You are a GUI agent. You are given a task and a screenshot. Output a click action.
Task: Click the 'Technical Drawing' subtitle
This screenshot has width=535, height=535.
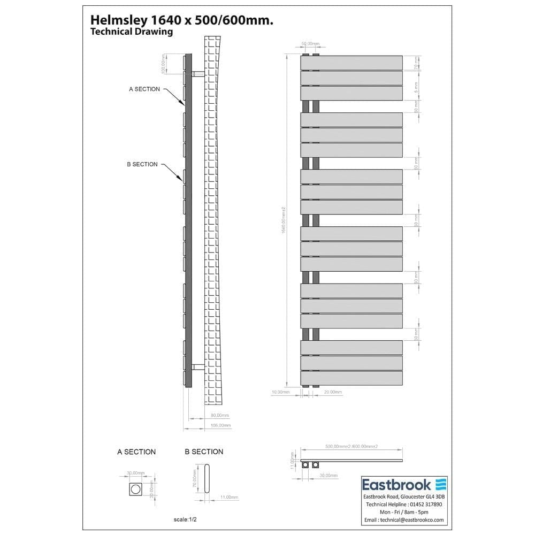click(x=132, y=32)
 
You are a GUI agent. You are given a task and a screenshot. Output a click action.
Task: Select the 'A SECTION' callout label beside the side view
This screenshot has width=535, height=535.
click(x=144, y=89)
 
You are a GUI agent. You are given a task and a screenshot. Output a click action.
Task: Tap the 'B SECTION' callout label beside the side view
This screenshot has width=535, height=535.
click(x=142, y=164)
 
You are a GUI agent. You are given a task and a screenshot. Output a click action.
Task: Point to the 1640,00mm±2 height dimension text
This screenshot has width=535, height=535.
click(x=284, y=220)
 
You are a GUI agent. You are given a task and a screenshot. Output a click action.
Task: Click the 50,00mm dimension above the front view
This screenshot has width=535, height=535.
click(x=310, y=43)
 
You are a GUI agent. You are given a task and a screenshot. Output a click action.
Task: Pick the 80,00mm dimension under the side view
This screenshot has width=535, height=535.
click(x=220, y=415)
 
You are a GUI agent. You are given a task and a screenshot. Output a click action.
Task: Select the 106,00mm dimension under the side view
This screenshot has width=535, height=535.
click(x=221, y=425)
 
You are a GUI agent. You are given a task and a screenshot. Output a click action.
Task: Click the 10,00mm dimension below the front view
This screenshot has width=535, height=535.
click(x=280, y=392)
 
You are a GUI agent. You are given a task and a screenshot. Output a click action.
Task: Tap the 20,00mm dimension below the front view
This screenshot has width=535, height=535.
click(x=333, y=392)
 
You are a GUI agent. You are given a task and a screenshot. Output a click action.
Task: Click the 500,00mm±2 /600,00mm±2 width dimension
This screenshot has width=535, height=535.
click(x=351, y=446)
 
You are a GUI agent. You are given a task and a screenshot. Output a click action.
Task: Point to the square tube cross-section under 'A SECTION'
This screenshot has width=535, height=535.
click(x=136, y=488)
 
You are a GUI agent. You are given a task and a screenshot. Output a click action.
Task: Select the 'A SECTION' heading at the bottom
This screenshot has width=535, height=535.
click(x=136, y=452)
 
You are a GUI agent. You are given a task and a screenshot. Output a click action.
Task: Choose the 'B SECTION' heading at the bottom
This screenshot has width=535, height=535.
click(x=204, y=452)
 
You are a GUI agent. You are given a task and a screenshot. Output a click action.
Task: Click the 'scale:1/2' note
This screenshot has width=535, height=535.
click(x=188, y=519)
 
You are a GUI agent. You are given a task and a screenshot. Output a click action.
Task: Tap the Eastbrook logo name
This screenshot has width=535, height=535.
click(x=396, y=485)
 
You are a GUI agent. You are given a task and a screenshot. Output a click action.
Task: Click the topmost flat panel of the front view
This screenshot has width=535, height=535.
click(x=351, y=63)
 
